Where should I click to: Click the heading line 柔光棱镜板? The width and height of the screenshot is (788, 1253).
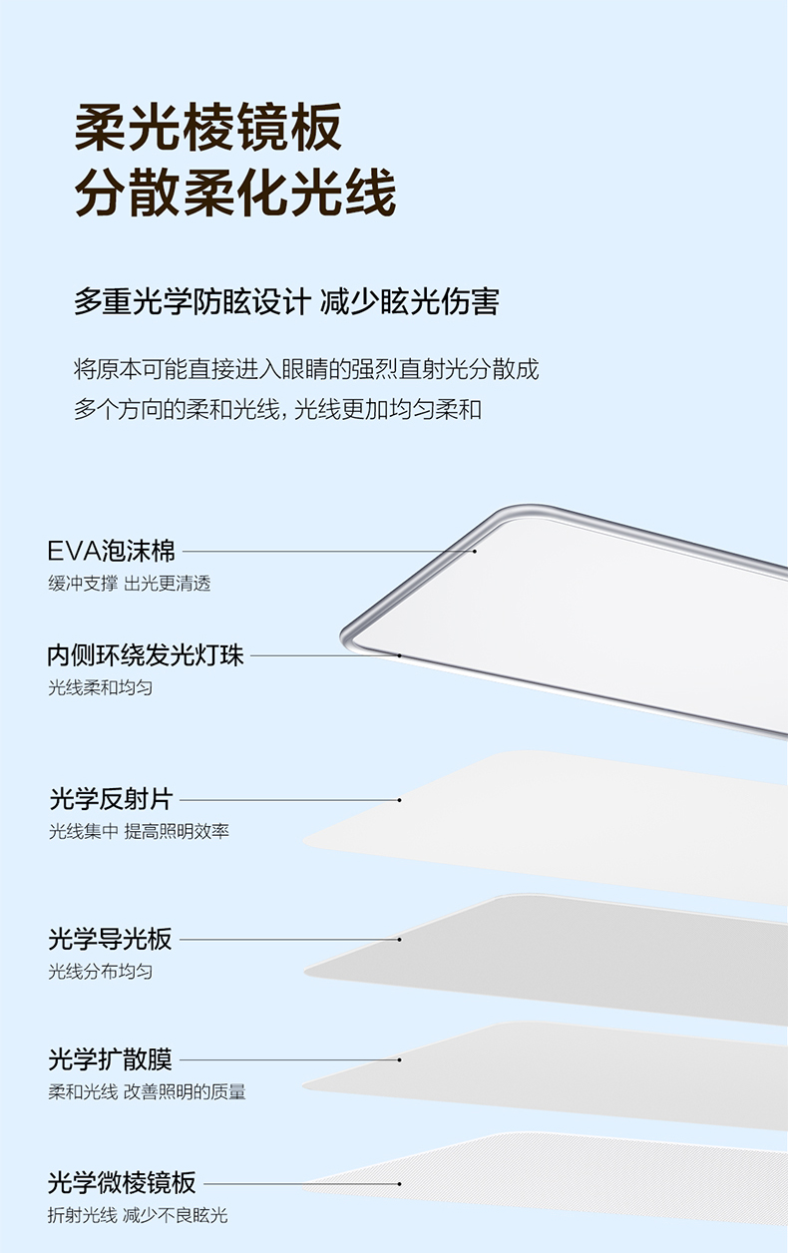click(208, 128)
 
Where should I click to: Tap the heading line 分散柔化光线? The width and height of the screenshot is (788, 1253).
click(235, 194)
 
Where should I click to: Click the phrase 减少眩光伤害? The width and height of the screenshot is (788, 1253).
click(410, 301)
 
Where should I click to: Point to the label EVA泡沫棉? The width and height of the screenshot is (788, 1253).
click(112, 551)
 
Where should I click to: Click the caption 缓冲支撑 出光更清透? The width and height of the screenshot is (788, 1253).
click(130, 584)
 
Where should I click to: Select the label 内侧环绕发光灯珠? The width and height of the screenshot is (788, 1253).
click(146, 655)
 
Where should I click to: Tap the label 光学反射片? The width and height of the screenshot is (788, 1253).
click(111, 799)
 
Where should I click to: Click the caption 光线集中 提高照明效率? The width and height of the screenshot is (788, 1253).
click(140, 831)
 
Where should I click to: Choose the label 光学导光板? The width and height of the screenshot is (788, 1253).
click(111, 939)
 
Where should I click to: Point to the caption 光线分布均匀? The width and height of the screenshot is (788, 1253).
click(101, 971)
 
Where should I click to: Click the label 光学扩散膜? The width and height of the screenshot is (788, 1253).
click(111, 1059)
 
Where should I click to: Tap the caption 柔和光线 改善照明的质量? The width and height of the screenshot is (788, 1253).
click(148, 1091)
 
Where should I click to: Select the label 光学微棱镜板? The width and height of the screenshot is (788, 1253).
click(123, 1184)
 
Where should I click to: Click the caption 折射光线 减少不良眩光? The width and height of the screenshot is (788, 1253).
click(139, 1215)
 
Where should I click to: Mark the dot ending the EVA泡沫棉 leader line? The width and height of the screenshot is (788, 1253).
click(475, 551)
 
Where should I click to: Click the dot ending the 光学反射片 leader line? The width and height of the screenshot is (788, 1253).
click(399, 800)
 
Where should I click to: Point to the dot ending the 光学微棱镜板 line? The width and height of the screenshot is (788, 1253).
click(399, 1184)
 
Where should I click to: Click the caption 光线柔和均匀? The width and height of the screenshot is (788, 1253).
click(101, 687)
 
